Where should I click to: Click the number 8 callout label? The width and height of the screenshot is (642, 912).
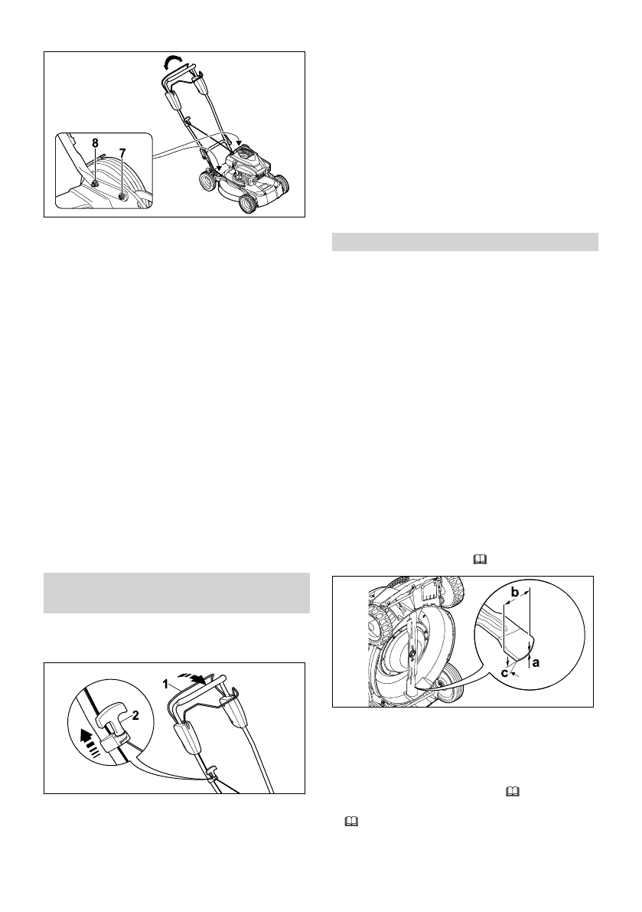coord(96,143)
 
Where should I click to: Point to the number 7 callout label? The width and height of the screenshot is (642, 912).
coord(122,153)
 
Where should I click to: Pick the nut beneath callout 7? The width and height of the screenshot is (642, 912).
coord(122,198)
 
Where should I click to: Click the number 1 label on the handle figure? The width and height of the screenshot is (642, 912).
coord(165,685)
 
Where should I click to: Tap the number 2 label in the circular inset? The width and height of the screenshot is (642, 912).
coord(135,716)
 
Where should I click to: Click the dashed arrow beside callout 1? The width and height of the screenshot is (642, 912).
coord(194,678)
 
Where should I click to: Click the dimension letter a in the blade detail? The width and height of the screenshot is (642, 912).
coord(536,662)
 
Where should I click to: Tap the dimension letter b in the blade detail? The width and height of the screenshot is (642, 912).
coord(515,592)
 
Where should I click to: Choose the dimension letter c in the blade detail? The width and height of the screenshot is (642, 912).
coord(504,673)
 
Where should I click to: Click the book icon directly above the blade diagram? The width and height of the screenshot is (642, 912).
coord(480,559)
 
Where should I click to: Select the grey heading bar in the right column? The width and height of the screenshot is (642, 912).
coord(464,242)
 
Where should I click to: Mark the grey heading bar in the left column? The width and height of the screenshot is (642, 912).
coord(177,593)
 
